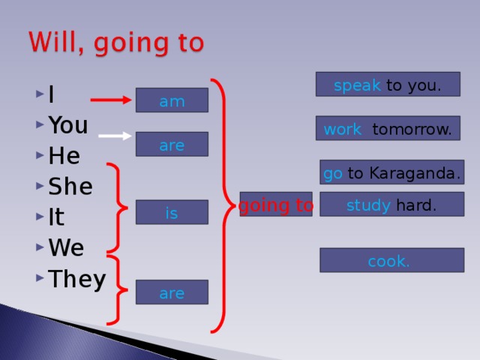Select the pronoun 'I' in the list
click(50, 95)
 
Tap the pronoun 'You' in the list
click(67, 124)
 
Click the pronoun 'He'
click(64, 156)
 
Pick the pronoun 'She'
click(70, 187)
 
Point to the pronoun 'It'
click(55, 217)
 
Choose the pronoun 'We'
click(65, 248)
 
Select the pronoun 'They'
click(76, 279)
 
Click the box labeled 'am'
click(172, 100)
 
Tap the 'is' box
click(172, 213)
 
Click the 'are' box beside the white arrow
click(172, 144)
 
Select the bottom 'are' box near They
click(172, 292)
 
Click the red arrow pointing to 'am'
click(111, 98)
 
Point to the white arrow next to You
click(115, 136)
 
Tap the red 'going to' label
click(276, 205)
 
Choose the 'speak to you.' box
click(387, 85)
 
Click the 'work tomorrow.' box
click(387, 129)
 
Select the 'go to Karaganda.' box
click(391, 173)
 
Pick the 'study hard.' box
click(391, 205)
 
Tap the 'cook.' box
click(391, 261)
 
